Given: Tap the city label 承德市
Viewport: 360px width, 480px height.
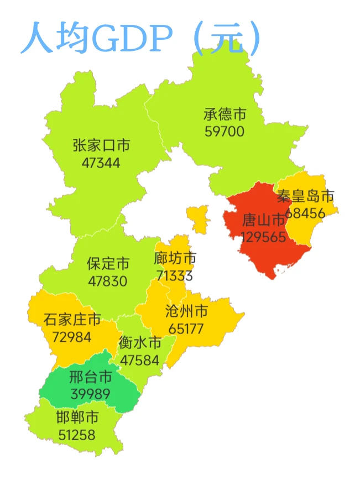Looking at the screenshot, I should click(x=225, y=115).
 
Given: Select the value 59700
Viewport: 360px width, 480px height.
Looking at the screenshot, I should click(x=224, y=132).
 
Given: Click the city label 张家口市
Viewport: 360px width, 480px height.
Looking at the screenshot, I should click(x=101, y=145).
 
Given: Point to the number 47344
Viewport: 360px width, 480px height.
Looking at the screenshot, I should click(x=101, y=163).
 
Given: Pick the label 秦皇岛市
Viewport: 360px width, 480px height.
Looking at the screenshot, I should click(x=306, y=196).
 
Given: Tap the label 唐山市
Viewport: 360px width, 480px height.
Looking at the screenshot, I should click(x=263, y=221).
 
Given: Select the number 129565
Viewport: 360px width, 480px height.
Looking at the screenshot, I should click(x=263, y=237).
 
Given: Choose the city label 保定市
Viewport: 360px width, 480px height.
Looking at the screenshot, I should click(x=108, y=264).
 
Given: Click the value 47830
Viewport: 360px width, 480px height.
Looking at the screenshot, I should click(x=107, y=281).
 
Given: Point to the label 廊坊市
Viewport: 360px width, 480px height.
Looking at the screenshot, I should click(x=175, y=258).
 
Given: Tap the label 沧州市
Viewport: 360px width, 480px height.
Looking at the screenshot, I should click(x=186, y=311).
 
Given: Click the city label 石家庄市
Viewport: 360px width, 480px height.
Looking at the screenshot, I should click(x=72, y=320).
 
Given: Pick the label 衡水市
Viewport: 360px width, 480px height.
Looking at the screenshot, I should click(x=140, y=343).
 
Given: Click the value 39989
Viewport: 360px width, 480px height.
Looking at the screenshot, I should click(x=90, y=394).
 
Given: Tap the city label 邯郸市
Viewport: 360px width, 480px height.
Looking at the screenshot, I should click(x=77, y=418).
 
